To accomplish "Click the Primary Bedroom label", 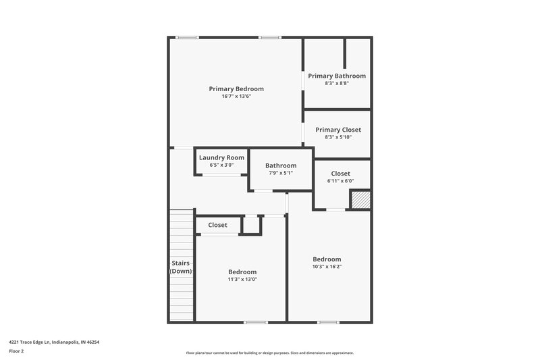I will click(236, 88).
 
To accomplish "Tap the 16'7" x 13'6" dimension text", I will click(236, 97).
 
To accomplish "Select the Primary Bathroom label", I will click(337, 76).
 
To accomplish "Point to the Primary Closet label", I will click(337, 130).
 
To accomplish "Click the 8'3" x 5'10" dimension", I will click(337, 137).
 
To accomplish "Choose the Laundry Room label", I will click(221, 157).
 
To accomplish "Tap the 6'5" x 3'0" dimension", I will click(221, 165).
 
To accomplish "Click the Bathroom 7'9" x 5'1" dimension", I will click(280, 174).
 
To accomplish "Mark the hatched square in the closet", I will click(360, 200).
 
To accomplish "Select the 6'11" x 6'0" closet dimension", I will click(340, 181).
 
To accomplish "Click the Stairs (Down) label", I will click(180, 267).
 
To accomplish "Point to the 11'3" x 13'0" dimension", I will click(242, 279).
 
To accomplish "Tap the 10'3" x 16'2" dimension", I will click(327, 267).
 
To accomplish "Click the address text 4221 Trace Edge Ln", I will click(54, 342).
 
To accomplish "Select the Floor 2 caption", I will click(16, 351).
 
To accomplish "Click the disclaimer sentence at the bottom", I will click(269, 353).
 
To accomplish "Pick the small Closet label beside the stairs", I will click(217, 225).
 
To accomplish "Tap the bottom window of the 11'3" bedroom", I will click(255, 322).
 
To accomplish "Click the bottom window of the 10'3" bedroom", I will click(328, 322).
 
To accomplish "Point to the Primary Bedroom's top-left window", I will click(187, 37).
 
